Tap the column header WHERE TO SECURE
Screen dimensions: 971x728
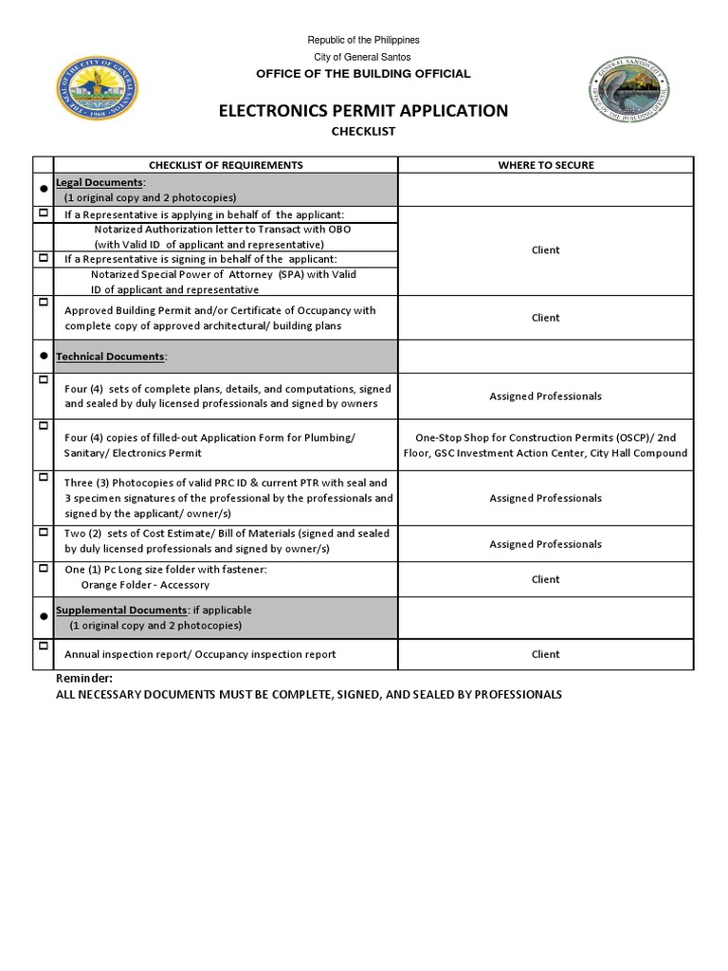coord(545,165)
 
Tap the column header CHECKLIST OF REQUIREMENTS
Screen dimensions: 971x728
coord(226,165)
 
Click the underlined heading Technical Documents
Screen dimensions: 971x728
coord(111,357)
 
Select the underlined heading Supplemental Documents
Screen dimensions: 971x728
coord(121,611)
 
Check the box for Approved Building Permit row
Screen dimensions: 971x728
coord(43,302)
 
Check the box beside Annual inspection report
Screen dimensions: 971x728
coord(43,646)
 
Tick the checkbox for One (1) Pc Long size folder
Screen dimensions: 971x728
coord(43,568)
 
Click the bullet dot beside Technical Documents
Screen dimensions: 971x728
coord(43,357)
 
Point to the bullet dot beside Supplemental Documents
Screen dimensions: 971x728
coord(43,617)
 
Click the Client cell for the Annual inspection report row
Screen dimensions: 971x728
coord(545,654)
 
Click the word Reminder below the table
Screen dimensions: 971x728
coord(84,679)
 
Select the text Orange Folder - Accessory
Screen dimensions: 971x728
coord(145,585)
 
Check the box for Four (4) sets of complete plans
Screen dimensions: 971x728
coord(43,379)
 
